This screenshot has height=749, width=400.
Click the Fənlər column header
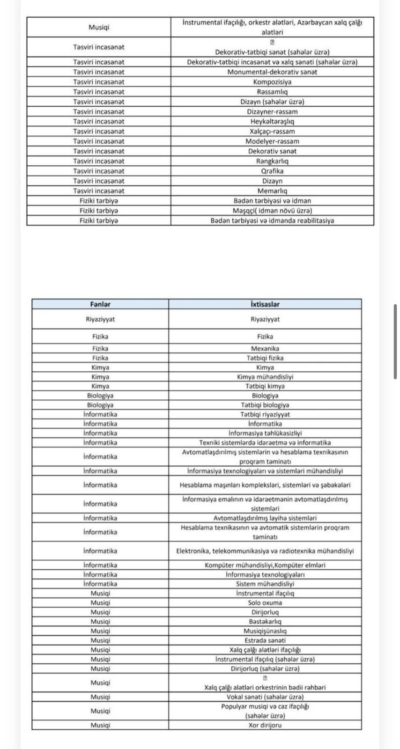tap(100, 304)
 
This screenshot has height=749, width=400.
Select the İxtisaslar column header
tap(265, 304)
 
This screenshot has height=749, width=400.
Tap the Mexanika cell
tap(265, 349)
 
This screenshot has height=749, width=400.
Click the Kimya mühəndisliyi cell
tap(265, 377)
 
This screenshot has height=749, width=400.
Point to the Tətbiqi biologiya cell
tap(265, 405)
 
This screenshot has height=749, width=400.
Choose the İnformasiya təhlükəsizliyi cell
tap(265, 433)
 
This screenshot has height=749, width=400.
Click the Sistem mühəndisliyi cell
tap(265, 584)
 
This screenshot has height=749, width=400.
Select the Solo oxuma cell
tap(265, 602)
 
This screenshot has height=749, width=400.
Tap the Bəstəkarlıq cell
tap(265, 622)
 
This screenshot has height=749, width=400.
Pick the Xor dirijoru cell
tap(265, 725)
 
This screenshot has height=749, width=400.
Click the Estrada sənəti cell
tap(265, 640)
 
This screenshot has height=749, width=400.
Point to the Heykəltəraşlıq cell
tap(272, 121)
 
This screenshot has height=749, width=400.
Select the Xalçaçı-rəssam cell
tap(272, 132)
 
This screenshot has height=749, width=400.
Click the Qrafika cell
tap(272, 171)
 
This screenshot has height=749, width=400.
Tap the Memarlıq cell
tap(272, 191)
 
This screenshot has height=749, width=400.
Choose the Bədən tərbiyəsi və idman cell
tap(272, 201)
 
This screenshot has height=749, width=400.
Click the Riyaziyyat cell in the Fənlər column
tap(100, 319)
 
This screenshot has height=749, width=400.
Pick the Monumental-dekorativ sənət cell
tap(272, 72)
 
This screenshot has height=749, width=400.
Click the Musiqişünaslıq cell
tap(265, 631)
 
